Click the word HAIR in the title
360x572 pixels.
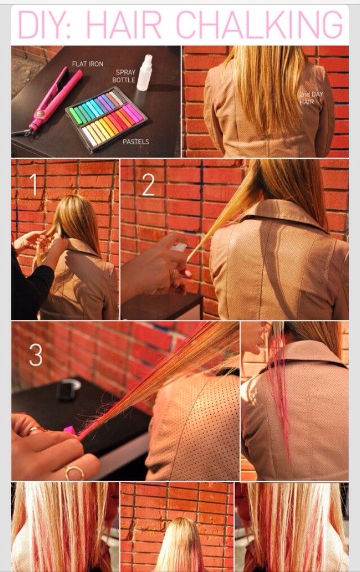tap(124, 24)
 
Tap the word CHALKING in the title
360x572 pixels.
tap(260, 24)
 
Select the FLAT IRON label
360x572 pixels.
tap(87, 64)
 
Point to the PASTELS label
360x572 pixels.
tap(136, 141)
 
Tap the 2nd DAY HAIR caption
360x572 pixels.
tap(311, 98)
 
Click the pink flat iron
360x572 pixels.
tap(55, 99)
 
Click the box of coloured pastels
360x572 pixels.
tap(106, 119)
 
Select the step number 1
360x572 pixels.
tap(34, 185)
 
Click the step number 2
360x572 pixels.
tap(148, 185)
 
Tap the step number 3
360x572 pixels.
tap(35, 354)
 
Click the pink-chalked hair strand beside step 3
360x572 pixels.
tap(281, 387)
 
